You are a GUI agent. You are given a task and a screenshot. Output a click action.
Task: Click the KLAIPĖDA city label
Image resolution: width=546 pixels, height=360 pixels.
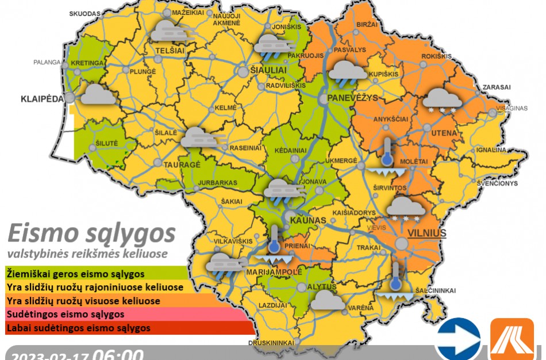tap(42, 98)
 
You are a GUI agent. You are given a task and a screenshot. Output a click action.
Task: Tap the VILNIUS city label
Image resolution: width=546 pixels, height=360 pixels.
tap(427, 233)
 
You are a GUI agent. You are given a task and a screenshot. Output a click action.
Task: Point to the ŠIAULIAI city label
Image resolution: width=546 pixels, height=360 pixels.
tap(270, 69)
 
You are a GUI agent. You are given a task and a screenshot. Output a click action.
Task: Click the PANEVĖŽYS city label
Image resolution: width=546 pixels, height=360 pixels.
tap(352, 98)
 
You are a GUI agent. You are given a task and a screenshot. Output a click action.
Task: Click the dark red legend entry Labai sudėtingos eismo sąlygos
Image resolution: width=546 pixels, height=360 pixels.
tap(78, 328)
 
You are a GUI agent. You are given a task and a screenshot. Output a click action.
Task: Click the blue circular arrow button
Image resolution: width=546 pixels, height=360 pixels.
tap(458, 339)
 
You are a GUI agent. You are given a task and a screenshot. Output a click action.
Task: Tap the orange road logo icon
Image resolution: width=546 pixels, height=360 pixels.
tap(512, 339)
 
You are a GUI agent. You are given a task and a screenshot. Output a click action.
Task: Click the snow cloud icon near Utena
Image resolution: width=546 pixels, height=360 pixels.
tap(443, 100)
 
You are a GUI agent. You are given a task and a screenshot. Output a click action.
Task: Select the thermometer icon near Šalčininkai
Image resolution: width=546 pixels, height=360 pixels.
tap(395, 279)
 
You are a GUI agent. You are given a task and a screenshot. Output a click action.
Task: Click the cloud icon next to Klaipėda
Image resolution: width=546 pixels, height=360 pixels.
tap(98, 94)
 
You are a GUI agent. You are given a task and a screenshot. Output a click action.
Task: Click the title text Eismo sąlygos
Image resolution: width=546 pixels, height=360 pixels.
tap(91, 234)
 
